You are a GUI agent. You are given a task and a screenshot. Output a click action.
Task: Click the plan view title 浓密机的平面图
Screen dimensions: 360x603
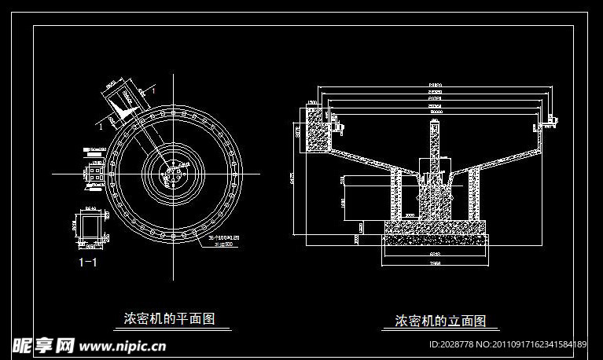coord(170,318)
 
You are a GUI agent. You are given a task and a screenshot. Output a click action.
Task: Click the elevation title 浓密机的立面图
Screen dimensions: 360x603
coord(440,321)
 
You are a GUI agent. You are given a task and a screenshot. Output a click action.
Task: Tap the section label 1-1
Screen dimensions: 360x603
coord(88,263)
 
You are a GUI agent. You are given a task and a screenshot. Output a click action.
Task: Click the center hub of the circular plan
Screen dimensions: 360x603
coord(175,173)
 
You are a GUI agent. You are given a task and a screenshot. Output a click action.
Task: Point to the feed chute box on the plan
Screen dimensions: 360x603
coord(124,100)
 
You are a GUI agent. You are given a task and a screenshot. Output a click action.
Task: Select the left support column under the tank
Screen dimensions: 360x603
coord(397,197)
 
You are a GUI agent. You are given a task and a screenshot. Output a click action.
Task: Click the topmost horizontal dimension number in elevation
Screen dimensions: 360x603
coord(434,83)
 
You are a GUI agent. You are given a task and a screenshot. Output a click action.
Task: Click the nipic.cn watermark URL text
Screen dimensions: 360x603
coord(122,344)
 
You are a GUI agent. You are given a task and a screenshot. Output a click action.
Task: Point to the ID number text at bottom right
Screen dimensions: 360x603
coord(507,344)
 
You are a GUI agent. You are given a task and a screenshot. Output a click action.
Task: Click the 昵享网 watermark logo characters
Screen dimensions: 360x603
coord(44,344)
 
